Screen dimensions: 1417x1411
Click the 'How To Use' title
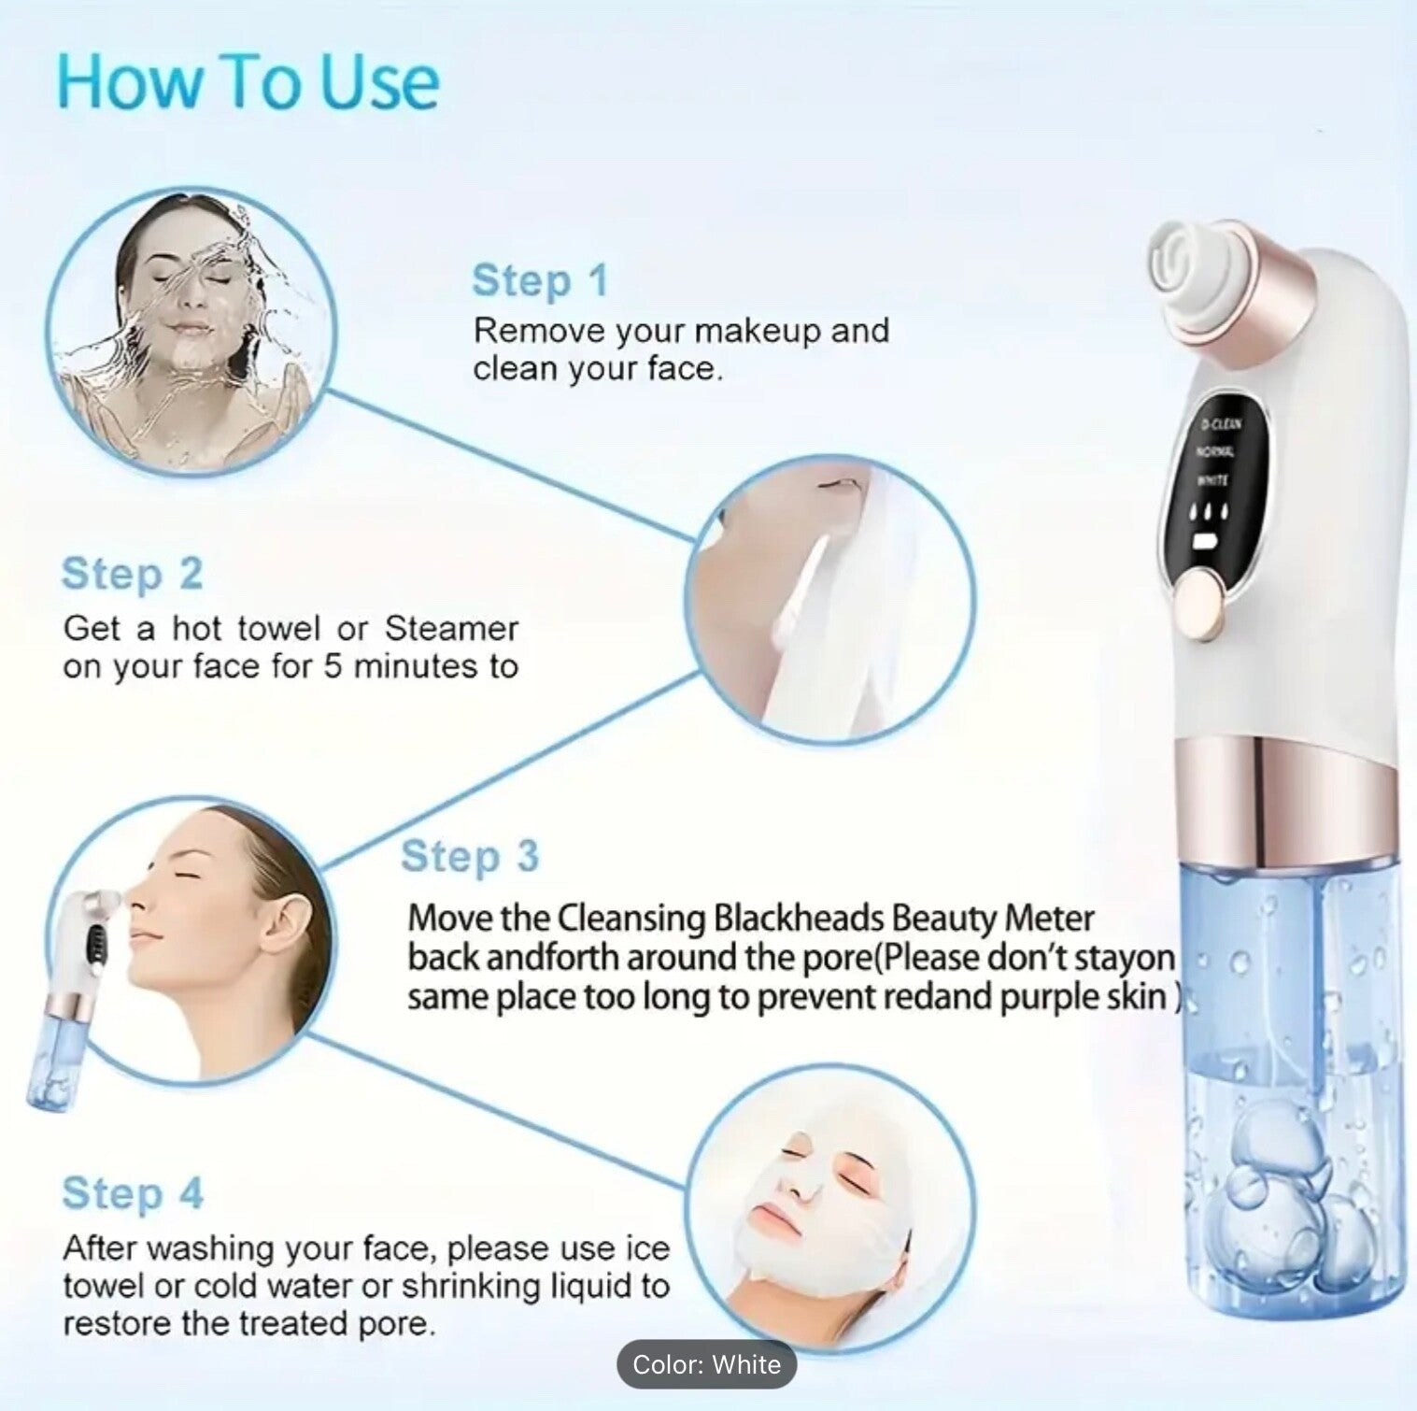tap(248, 82)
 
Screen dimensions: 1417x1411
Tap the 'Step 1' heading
tap(540, 280)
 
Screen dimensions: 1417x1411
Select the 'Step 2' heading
tap(132, 574)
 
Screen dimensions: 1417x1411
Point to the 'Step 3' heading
tap(470, 857)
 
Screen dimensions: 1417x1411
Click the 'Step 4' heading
tap(132, 1193)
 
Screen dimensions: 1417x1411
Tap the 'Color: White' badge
tap(706, 1364)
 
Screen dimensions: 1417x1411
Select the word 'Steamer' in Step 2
tap(451, 629)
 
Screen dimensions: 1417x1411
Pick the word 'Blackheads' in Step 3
tap(799, 919)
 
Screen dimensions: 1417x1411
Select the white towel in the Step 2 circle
tap(841, 607)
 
